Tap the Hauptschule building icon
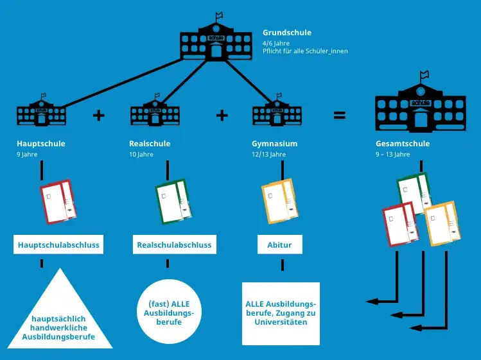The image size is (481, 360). pyautogui.click(x=41, y=112)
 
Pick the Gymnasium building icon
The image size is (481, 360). pyautogui.click(x=276, y=112)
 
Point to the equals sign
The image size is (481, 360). pyautogui.click(x=340, y=116)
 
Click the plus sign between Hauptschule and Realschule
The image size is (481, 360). pyautogui.click(x=98, y=116)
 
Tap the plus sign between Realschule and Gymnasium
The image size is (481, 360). pyautogui.click(x=222, y=116)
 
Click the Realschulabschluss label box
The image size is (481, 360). pyautogui.click(x=173, y=245)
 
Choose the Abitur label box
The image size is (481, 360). pyautogui.click(x=279, y=245)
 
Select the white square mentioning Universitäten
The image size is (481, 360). pyautogui.click(x=281, y=313)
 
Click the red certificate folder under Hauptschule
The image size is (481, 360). pyautogui.click(x=58, y=201)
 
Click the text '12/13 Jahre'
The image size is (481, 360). pyautogui.click(x=268, y=155)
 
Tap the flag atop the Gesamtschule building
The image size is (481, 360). pyautogui.click(x=424, y=76)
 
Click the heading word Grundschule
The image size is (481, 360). pyautogui.click(x=287, y=32)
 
